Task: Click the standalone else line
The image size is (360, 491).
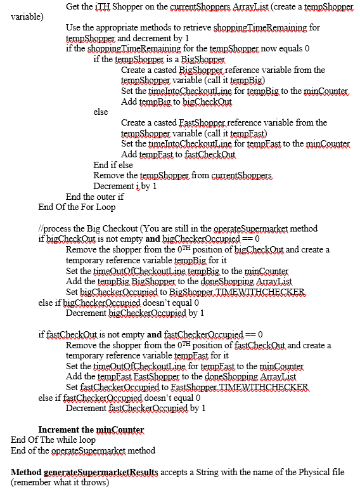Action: point(100,112)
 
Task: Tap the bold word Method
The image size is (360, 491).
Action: point(26,473)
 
